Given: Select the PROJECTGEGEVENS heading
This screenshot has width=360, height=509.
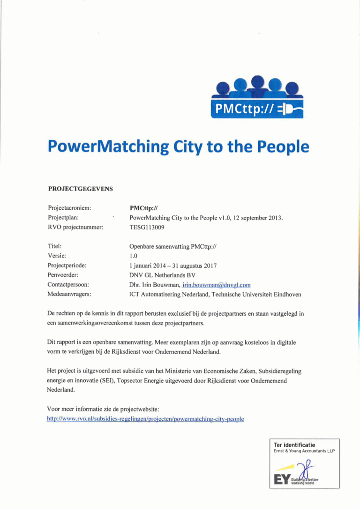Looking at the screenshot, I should [81, 189].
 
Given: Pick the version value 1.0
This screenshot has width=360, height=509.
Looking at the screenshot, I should [133, 256].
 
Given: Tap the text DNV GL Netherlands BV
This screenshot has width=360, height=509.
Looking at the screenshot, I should [162, 275].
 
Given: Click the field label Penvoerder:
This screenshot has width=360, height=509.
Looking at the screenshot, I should [63, 275].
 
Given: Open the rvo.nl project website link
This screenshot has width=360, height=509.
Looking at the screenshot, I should [146, 418].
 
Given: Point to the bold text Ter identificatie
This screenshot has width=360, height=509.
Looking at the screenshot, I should [295, 445].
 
